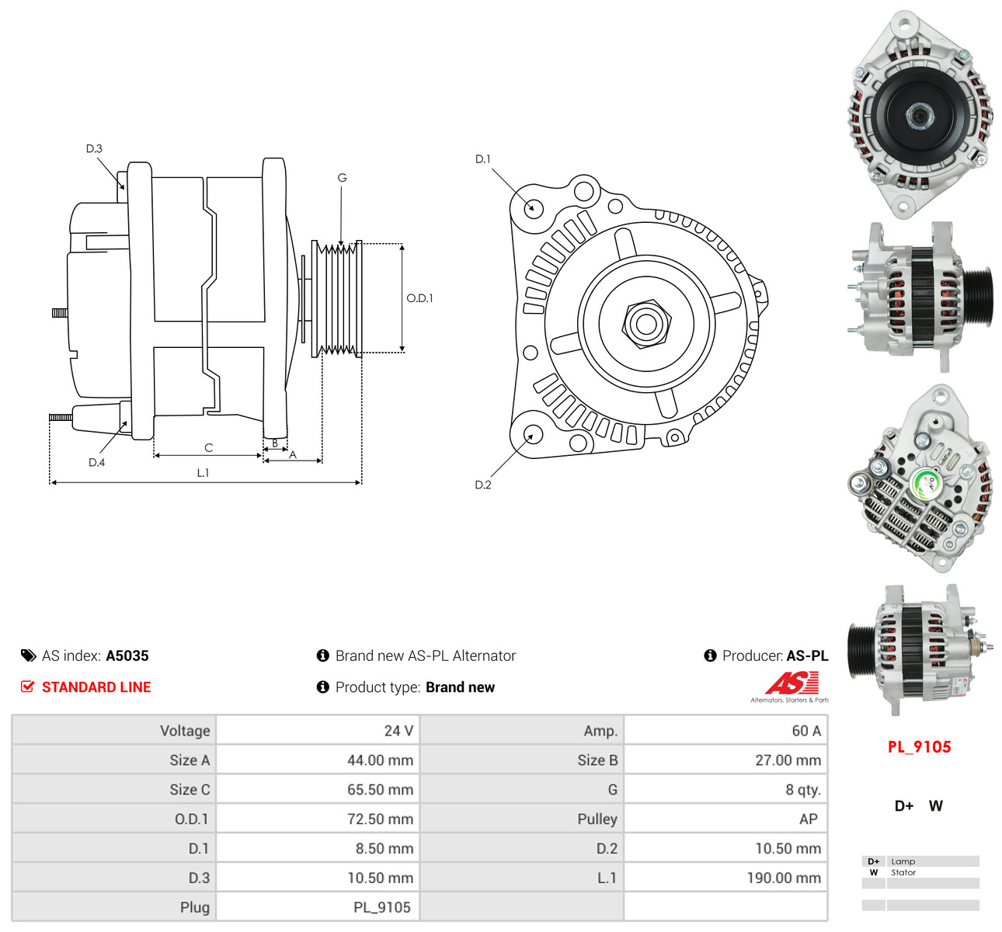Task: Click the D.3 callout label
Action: pos(94,148)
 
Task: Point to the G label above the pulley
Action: pos(342,178)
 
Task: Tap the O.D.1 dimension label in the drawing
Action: pos(419,298)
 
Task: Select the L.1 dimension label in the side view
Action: pos(203,473)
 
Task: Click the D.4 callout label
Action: pos(96,462)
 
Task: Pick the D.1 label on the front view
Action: pos(483,159)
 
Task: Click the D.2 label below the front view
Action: pos(483,485)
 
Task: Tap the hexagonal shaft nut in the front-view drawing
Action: pos(646,325)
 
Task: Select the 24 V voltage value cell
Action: pos(398,731)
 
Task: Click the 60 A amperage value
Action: pos(806,731)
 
